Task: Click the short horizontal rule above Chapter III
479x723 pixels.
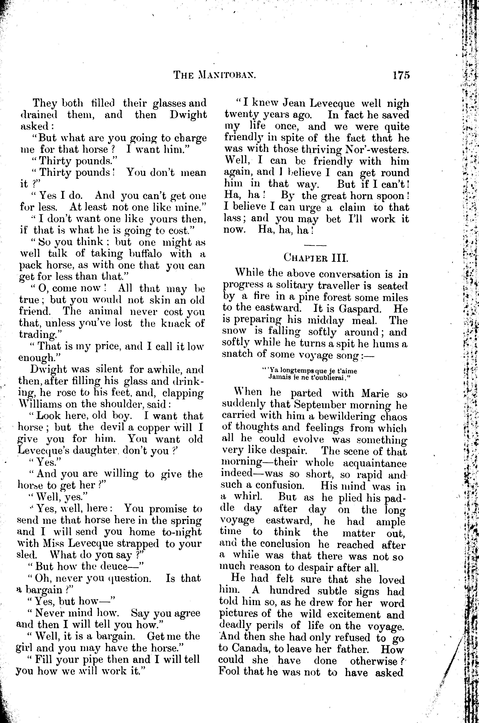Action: click(x=315, y=245)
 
